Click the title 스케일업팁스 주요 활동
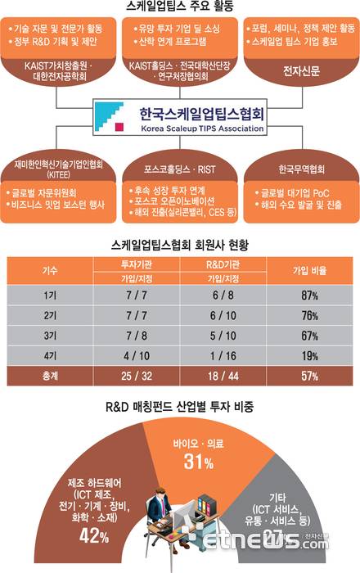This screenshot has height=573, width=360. point(180,8)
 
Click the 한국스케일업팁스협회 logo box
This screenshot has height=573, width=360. point(180,116)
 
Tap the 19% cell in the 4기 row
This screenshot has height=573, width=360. point(309,356)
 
